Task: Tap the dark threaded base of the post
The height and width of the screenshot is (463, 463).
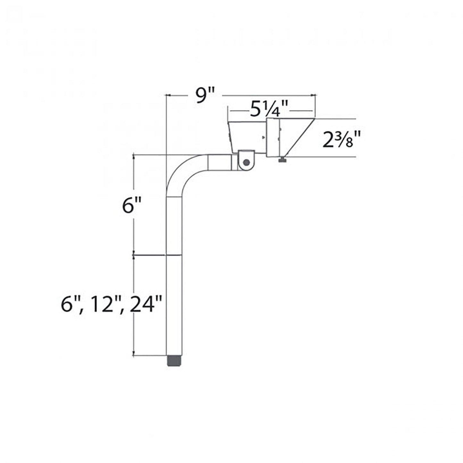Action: (174, 361)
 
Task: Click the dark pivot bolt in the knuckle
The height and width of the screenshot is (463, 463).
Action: (246, 162)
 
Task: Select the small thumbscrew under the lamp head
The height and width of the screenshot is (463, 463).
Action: (282, 160)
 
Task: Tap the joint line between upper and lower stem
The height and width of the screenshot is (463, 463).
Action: (174, 255)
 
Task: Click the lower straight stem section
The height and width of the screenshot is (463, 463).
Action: (174, 304)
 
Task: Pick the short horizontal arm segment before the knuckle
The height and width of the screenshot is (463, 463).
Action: (219, 163)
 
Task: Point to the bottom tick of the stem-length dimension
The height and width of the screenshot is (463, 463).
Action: (133, 355)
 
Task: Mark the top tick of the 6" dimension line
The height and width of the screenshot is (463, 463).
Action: (133, 155)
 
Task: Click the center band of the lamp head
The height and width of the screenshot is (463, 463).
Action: (273, 138)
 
